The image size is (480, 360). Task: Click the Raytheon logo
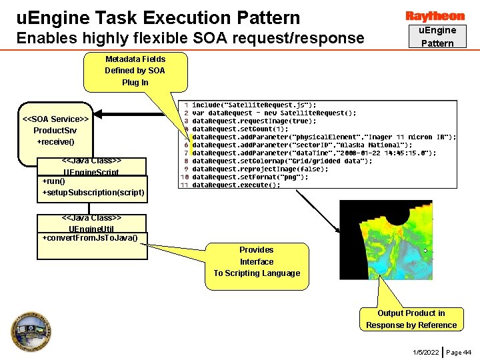(x=435, y=16)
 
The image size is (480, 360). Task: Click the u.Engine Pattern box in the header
(x=437, y=37)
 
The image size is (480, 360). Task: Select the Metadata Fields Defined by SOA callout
(x=135, y=71)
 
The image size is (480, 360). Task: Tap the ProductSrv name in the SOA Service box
(x=56, y=130)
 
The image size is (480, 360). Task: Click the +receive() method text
(x=56, y=142)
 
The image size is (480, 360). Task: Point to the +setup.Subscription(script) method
(x=93, y=193)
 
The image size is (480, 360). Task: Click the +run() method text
(x=54, y=181)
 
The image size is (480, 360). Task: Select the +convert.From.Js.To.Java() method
(x=90, y=238)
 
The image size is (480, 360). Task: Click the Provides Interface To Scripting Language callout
(x=257, y=261)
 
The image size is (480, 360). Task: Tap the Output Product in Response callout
(x=411, y=319)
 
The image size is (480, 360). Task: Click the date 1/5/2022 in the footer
(x=425, y=351)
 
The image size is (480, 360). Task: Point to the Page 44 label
(x=459, y=351)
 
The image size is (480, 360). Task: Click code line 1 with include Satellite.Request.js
(x=254, y=105)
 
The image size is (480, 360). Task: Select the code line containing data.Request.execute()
(x=236, y=185)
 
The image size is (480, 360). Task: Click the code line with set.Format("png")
(x=251, y=177)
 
